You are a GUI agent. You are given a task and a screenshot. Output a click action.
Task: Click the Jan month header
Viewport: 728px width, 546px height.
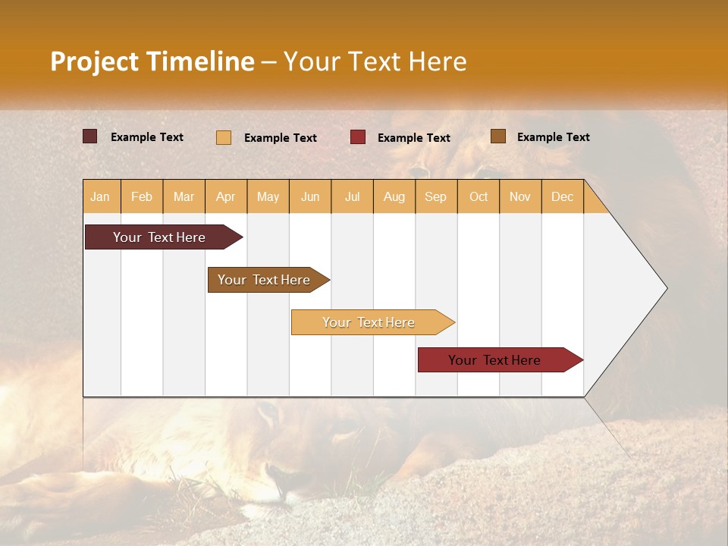point(101,196)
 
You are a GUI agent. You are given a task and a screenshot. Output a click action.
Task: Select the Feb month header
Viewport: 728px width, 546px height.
point(142,196)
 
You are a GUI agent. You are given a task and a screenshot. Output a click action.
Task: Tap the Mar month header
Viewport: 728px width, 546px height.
point(184,196)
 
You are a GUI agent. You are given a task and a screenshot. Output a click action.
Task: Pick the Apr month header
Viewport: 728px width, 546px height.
point(226,196)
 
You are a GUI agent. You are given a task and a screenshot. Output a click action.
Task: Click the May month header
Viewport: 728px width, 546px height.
point(268,196)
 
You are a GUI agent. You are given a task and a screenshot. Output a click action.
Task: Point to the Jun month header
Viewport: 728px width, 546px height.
point(310,196)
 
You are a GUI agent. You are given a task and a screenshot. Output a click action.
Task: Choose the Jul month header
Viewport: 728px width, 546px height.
point(352,196)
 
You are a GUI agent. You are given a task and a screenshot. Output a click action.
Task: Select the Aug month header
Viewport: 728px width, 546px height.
point(394,196)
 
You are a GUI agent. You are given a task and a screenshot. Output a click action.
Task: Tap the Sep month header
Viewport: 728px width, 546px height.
point(436,196)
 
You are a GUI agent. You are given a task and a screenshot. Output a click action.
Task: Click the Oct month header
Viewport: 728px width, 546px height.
point(479,196)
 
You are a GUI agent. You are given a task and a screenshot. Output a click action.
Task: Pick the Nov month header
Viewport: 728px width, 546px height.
point(520,196)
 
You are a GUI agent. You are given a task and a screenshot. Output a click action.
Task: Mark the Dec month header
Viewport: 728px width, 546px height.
point(562,196)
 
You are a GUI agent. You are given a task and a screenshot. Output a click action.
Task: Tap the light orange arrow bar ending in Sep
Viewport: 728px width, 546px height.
point(369,322)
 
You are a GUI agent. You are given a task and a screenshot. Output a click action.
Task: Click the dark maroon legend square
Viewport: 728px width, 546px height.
point(90,136)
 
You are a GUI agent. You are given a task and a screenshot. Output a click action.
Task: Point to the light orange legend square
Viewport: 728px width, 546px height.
point(224,137)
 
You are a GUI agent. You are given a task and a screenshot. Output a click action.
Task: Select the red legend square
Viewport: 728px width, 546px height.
point(358,137)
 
